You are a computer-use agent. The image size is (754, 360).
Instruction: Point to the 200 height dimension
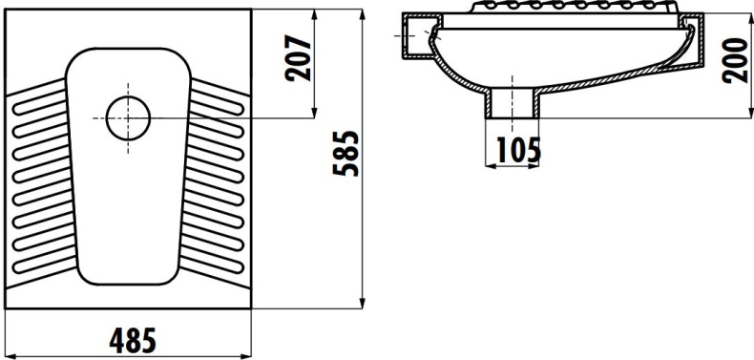735,59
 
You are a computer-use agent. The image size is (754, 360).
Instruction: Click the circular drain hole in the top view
128,118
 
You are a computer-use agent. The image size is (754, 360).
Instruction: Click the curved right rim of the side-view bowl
684,48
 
